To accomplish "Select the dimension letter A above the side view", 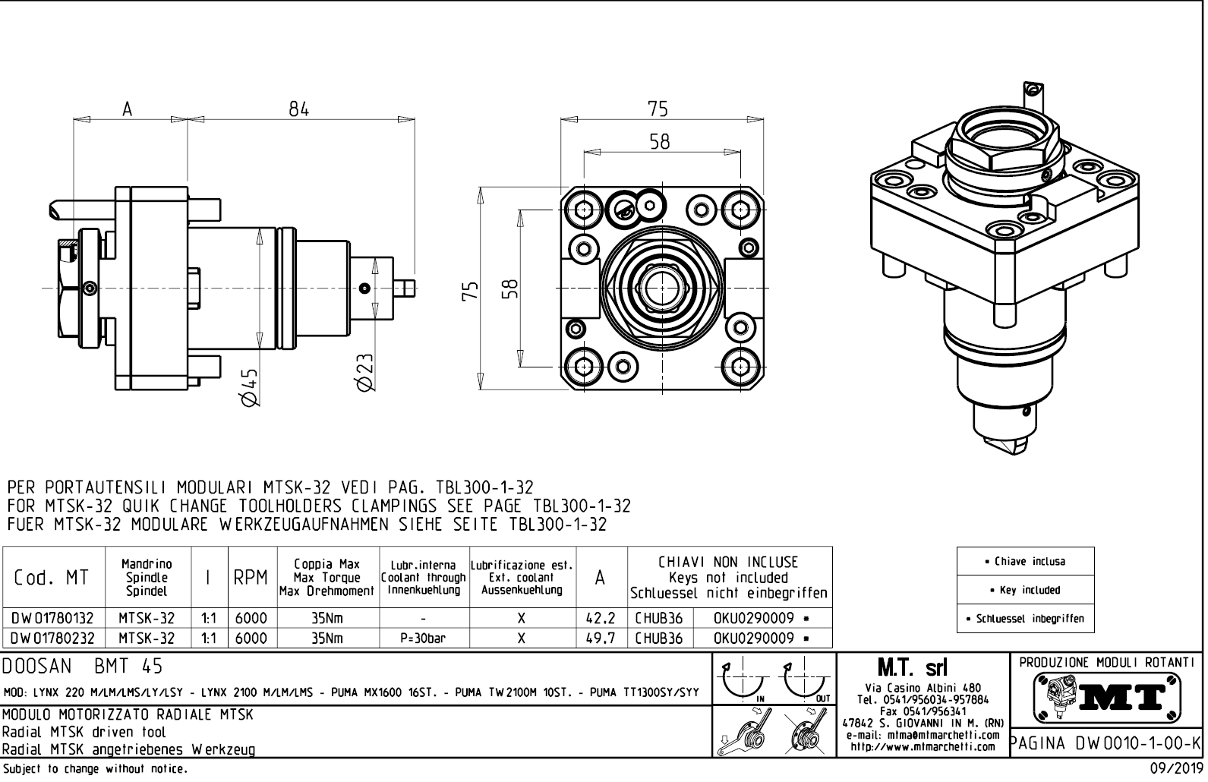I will pyautogui.click(x=128, y=109).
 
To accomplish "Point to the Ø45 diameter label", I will pyautogui.click(x=249, y=387).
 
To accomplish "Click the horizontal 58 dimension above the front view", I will pyautogui.click(x=659, y=141).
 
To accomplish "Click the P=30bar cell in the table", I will pyautogui.click(x=423, y=639).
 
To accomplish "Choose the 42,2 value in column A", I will pyautogui.click(x=601, y=618).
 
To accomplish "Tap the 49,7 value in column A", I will pyautogui.click(x=601, y=639).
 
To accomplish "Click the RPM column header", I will pyautogui.click(x=250, y=578).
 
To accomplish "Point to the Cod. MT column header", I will pyautogui.click(x=51, y=578).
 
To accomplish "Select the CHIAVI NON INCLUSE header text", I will pyautogui.click(x=728, y=563).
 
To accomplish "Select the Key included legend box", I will pyautogui.click(x=1025, y=590).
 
